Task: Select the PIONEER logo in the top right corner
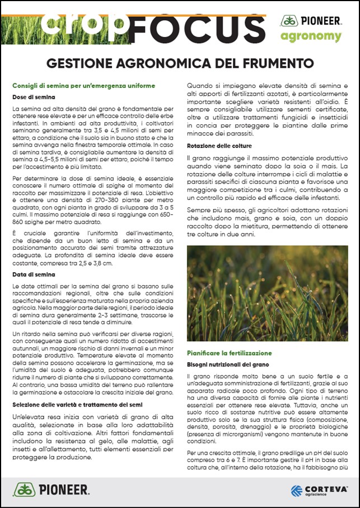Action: pos(311,21)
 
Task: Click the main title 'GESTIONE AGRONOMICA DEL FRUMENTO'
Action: pos(180,62)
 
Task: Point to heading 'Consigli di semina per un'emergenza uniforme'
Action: pos(83,86)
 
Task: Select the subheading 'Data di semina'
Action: pos(33,274)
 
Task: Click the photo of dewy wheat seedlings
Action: pos(267,293)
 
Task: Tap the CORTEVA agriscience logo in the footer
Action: pos(319,490)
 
